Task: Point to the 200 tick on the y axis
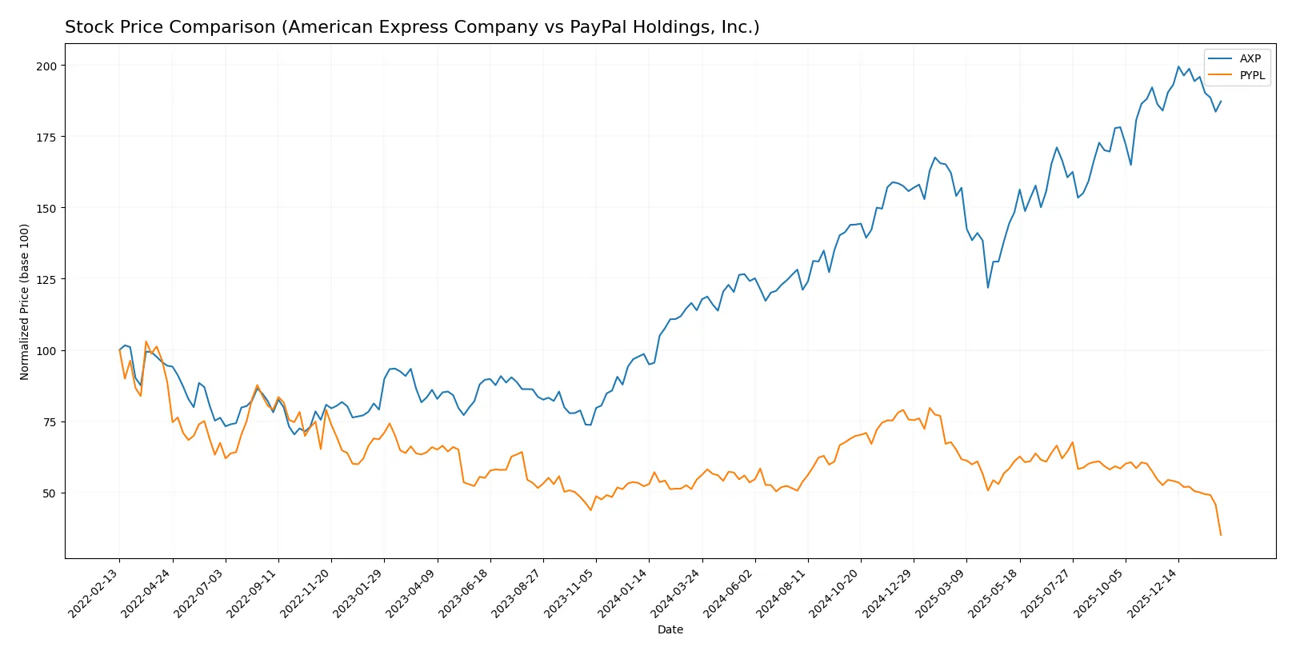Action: (x=46, y=66)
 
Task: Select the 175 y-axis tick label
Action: (x=46, y=137)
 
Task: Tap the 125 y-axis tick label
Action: (x=46, y=279)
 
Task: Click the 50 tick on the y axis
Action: (x=50, y=493)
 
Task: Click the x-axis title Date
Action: (x=670, y=629)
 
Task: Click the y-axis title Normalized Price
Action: (x=25, y=302)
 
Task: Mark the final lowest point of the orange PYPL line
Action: (x=1220, y=535)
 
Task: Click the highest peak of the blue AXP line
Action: (x=1178, y=67)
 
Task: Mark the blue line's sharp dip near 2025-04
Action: (x=988, y=288)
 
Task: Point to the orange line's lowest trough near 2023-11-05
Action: (x=591, y=510)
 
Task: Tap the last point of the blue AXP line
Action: (x=1221, y=102)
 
